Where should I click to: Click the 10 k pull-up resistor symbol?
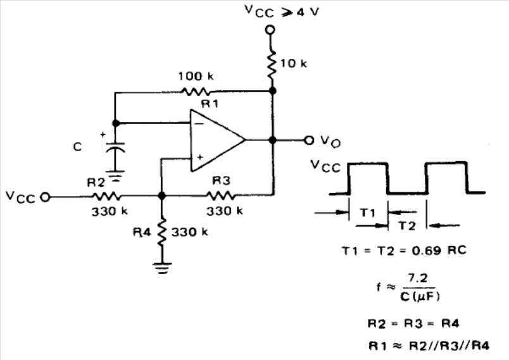272,64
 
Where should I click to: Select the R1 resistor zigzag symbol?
195,92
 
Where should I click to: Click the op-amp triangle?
218,140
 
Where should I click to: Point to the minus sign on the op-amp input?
199,123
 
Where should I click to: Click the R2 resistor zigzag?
106,196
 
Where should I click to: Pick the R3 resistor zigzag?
220,196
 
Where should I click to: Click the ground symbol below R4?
161,268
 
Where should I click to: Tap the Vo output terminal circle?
309,140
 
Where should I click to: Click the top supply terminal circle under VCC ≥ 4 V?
270,30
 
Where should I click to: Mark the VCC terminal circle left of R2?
45,197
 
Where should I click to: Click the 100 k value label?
196,76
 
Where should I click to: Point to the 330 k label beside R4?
189,232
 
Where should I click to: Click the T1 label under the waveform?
368,213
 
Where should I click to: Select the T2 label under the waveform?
406,225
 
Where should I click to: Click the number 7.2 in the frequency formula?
418,278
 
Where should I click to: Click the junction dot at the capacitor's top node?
116,123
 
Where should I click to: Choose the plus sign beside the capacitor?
103,134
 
